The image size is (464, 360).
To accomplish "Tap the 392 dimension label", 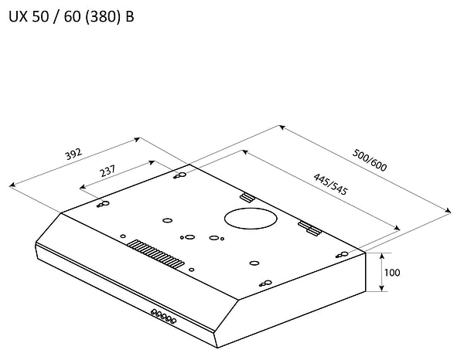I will coord(73,155).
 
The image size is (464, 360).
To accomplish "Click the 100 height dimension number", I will coord(391,273).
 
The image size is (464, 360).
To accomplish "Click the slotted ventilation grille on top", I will coord(155,253).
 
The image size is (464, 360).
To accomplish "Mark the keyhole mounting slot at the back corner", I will coord(180,176).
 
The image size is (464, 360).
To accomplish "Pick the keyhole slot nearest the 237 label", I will coord(103,204).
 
